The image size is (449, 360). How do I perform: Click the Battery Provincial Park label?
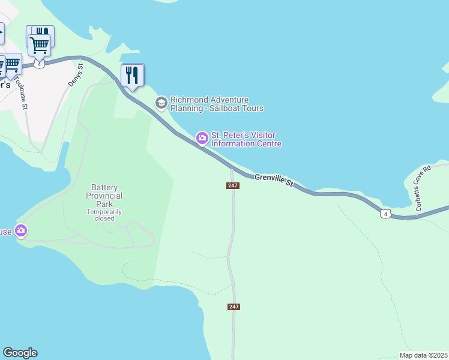(104, 196)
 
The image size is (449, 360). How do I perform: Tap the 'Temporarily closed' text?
(104, 215)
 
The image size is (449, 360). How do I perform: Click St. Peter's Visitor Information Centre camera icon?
(202, 139)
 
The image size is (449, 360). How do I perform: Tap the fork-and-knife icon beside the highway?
(132, 75)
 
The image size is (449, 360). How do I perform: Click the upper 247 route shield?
(234, 185)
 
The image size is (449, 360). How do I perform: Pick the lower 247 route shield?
(234, 307)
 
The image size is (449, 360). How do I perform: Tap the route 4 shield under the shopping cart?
(40, 64)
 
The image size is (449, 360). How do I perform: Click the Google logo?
(20, 353)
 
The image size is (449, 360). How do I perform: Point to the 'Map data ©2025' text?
(423, 355)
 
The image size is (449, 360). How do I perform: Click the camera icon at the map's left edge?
(22, 230)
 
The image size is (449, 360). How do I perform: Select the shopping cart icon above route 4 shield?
(39, 44)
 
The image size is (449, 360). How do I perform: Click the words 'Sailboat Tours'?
(237, 109)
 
